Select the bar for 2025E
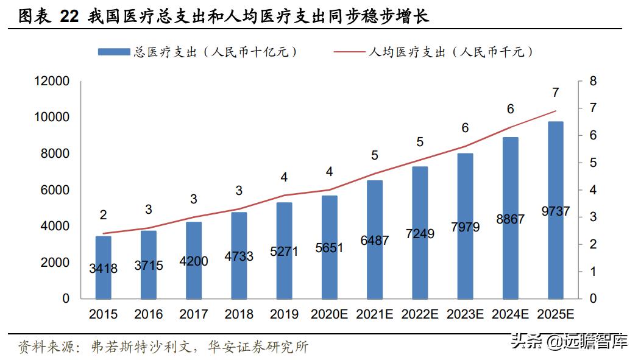tap(555, 210)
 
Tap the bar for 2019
tap(284, 250)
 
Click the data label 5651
tap(329, 248)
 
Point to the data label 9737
tap(555, 211)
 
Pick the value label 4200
tap(193, 261)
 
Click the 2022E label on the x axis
tap(419, 314)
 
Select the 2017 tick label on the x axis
tap(194, 314)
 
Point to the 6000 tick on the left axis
tap(55, 190)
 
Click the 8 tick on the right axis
tap(593, 81)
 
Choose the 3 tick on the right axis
tap(593, 217)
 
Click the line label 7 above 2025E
tap(555, 93)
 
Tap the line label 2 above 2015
tap(103, 215)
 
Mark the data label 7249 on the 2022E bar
tap(419, 233)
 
